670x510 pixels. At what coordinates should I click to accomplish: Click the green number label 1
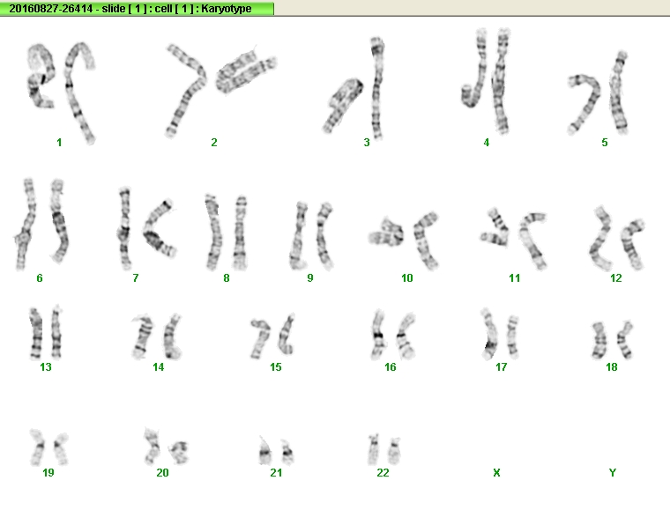click(x=59, y=143)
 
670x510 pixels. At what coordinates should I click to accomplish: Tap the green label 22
click(x=383, y=472)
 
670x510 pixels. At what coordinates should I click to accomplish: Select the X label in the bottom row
click(x=496, y=472)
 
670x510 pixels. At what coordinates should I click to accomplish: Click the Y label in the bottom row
click(x=613, y=472)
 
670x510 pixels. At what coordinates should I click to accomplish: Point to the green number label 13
click(x=46, y=367)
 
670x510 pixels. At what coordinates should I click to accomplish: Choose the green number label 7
click(x=136, y=278)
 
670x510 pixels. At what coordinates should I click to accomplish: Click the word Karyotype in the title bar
click(x=227, y=9)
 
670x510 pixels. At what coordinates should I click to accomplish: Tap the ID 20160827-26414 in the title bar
click(x=51, y=9)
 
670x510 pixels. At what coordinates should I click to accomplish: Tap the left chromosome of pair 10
click(x=387, y=233)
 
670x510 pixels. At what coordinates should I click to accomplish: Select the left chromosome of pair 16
click(x=377, y=335)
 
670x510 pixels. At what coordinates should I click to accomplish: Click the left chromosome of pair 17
click(x=489, y=335)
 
